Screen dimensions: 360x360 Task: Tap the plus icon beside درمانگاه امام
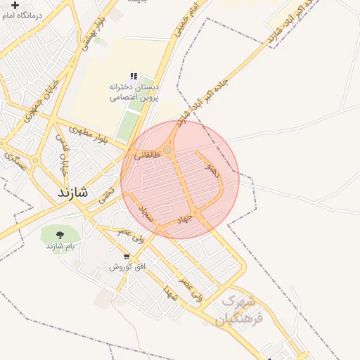[x=15, y=5]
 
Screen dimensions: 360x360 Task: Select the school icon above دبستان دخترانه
[x=133, y=76]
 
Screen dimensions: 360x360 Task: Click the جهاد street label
[x=184, y=220]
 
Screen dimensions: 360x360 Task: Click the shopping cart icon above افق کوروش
[x=126, y=257]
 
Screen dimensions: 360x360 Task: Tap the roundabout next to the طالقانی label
[x=168, y=149]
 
